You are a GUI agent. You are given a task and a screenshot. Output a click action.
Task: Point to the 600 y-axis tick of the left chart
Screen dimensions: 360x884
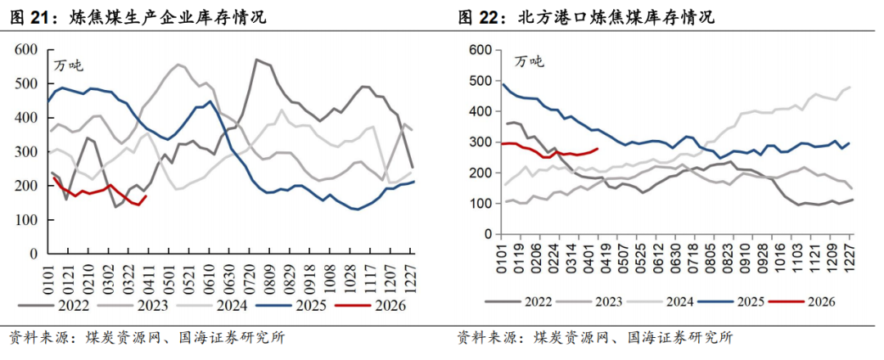tap(27, 50)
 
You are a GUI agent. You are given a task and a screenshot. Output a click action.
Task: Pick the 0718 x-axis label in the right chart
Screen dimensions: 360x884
tap(690, 251)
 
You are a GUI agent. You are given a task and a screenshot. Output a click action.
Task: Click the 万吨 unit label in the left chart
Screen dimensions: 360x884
tap(68, 65)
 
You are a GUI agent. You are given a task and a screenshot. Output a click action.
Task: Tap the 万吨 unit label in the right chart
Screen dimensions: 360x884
tap(528, 61)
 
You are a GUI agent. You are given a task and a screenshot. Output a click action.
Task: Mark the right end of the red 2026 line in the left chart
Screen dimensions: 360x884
tap(146, 196)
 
